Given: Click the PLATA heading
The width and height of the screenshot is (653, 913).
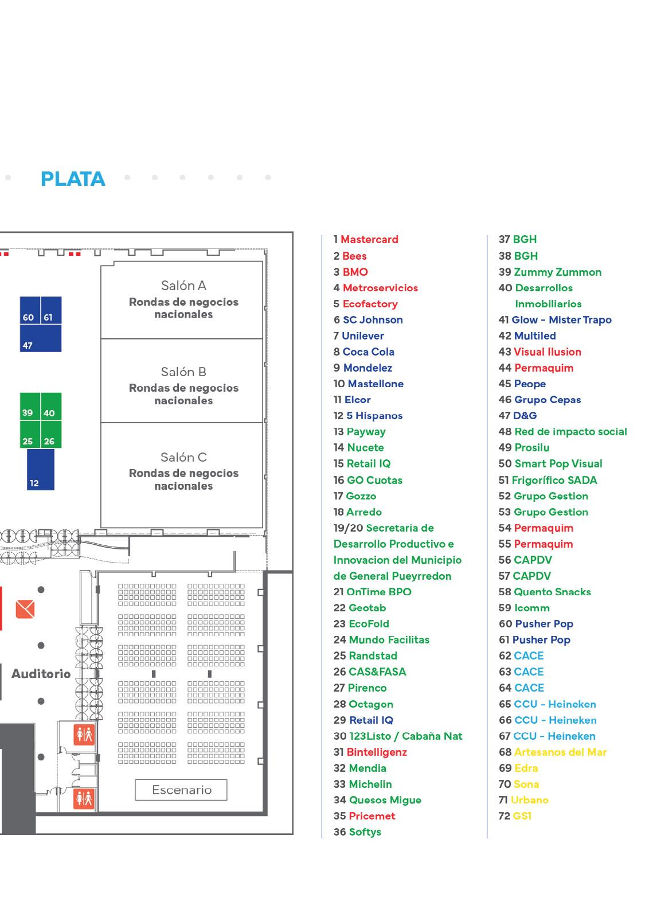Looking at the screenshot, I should (x=73, y=179).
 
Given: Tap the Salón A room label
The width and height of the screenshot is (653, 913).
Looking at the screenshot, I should (x=183, y=286).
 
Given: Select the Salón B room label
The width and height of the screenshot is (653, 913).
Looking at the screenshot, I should (x=183, y=372).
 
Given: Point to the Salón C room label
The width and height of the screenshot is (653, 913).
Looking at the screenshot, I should (x=183, y=457).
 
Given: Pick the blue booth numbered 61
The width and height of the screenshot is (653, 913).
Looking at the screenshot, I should (x=50, y=311).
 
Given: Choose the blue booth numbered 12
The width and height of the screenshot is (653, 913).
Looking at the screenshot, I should (x=41, y=470).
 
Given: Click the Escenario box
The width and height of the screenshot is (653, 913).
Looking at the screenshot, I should (x=181, y=790).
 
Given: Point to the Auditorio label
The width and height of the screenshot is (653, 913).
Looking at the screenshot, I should (x=41, y=674).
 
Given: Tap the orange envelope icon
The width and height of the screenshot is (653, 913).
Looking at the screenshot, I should (x=25, y=608).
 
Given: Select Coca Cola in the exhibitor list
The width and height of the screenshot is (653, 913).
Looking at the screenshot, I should (x=368, y=352).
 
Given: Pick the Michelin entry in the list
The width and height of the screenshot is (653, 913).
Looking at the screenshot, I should (x=370, y=784).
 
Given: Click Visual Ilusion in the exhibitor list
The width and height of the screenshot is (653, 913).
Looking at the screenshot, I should (x=547, y=352).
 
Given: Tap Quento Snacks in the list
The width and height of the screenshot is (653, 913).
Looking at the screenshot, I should (x=552, y=592).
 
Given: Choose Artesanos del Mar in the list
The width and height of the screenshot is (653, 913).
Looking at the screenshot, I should (x=560, y=752).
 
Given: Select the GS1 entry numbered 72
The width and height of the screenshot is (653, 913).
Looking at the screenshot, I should (x=522, y=816).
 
